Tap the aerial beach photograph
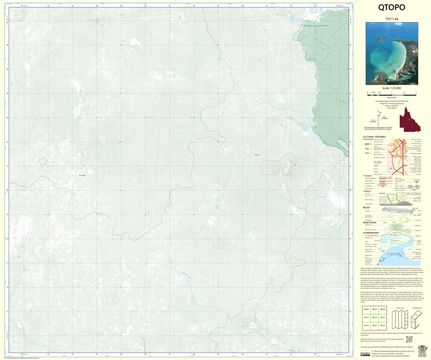coord(392,53)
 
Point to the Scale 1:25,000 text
coord(392,88)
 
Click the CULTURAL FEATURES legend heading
coord(374,137)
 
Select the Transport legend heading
coord(368,176)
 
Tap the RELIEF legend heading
coord(366,207)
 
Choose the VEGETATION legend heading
coord(369,222)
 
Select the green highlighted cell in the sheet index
coord(374,317)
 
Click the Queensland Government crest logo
coord(422,350)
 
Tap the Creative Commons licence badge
coord(365,354)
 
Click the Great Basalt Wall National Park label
coord(316,25)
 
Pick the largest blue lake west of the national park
coord(304,128)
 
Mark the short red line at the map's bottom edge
coord(144,344)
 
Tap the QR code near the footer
coord(409,340)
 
